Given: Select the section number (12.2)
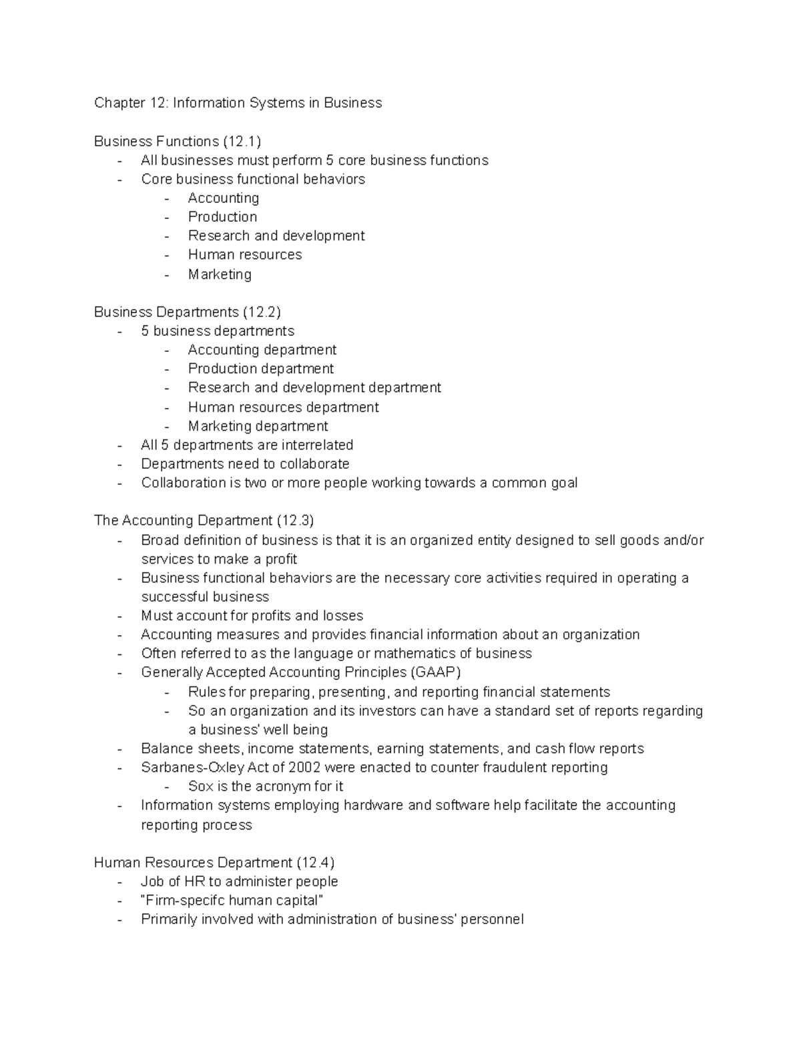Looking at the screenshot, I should pos(262,312).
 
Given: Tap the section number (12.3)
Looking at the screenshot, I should pos(294,520).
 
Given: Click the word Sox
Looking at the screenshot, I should pos(201,787).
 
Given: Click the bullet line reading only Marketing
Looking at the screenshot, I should pos(220,274).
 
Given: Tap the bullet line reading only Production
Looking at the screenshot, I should pos(222,217).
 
